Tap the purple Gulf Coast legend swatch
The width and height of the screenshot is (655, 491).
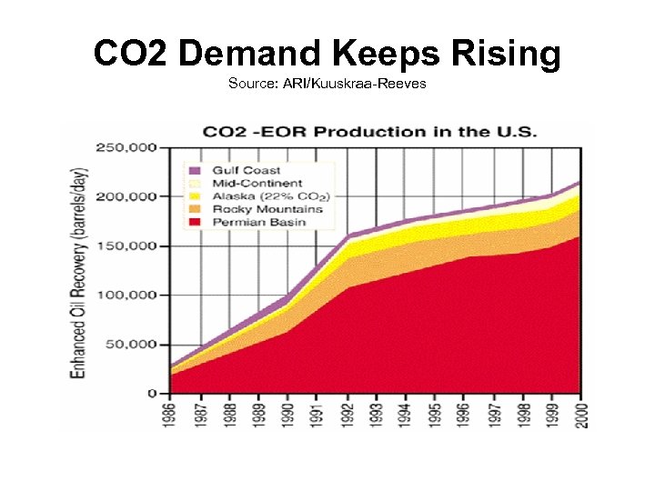(195, 170)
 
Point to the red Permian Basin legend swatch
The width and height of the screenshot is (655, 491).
(195, 223)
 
